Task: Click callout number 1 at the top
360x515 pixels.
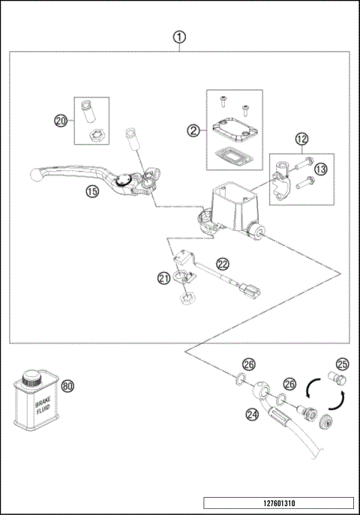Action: tap(179, 37)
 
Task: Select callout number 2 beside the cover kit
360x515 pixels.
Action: tap(193, 131)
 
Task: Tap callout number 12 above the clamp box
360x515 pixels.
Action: tap(301, 139)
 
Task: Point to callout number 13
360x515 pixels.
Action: tap(320, 169)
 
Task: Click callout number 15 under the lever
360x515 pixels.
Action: tap(92, 191)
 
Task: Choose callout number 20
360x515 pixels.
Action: tap(61, 121)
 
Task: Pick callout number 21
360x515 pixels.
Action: tap(164, 278)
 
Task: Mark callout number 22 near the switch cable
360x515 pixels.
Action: tap(223, 264)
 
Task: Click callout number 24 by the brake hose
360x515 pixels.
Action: tap(252, 415)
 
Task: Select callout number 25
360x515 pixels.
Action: tap(343, 364)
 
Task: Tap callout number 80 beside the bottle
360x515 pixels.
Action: tap(68, 386)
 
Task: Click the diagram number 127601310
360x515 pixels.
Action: tap(279, 503)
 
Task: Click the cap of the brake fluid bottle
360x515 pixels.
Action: tap(31, 378)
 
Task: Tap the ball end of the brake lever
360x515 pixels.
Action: tap(35, 174)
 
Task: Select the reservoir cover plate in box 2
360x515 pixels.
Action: tap(234, 130)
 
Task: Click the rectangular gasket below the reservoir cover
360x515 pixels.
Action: tap(233, 155)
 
